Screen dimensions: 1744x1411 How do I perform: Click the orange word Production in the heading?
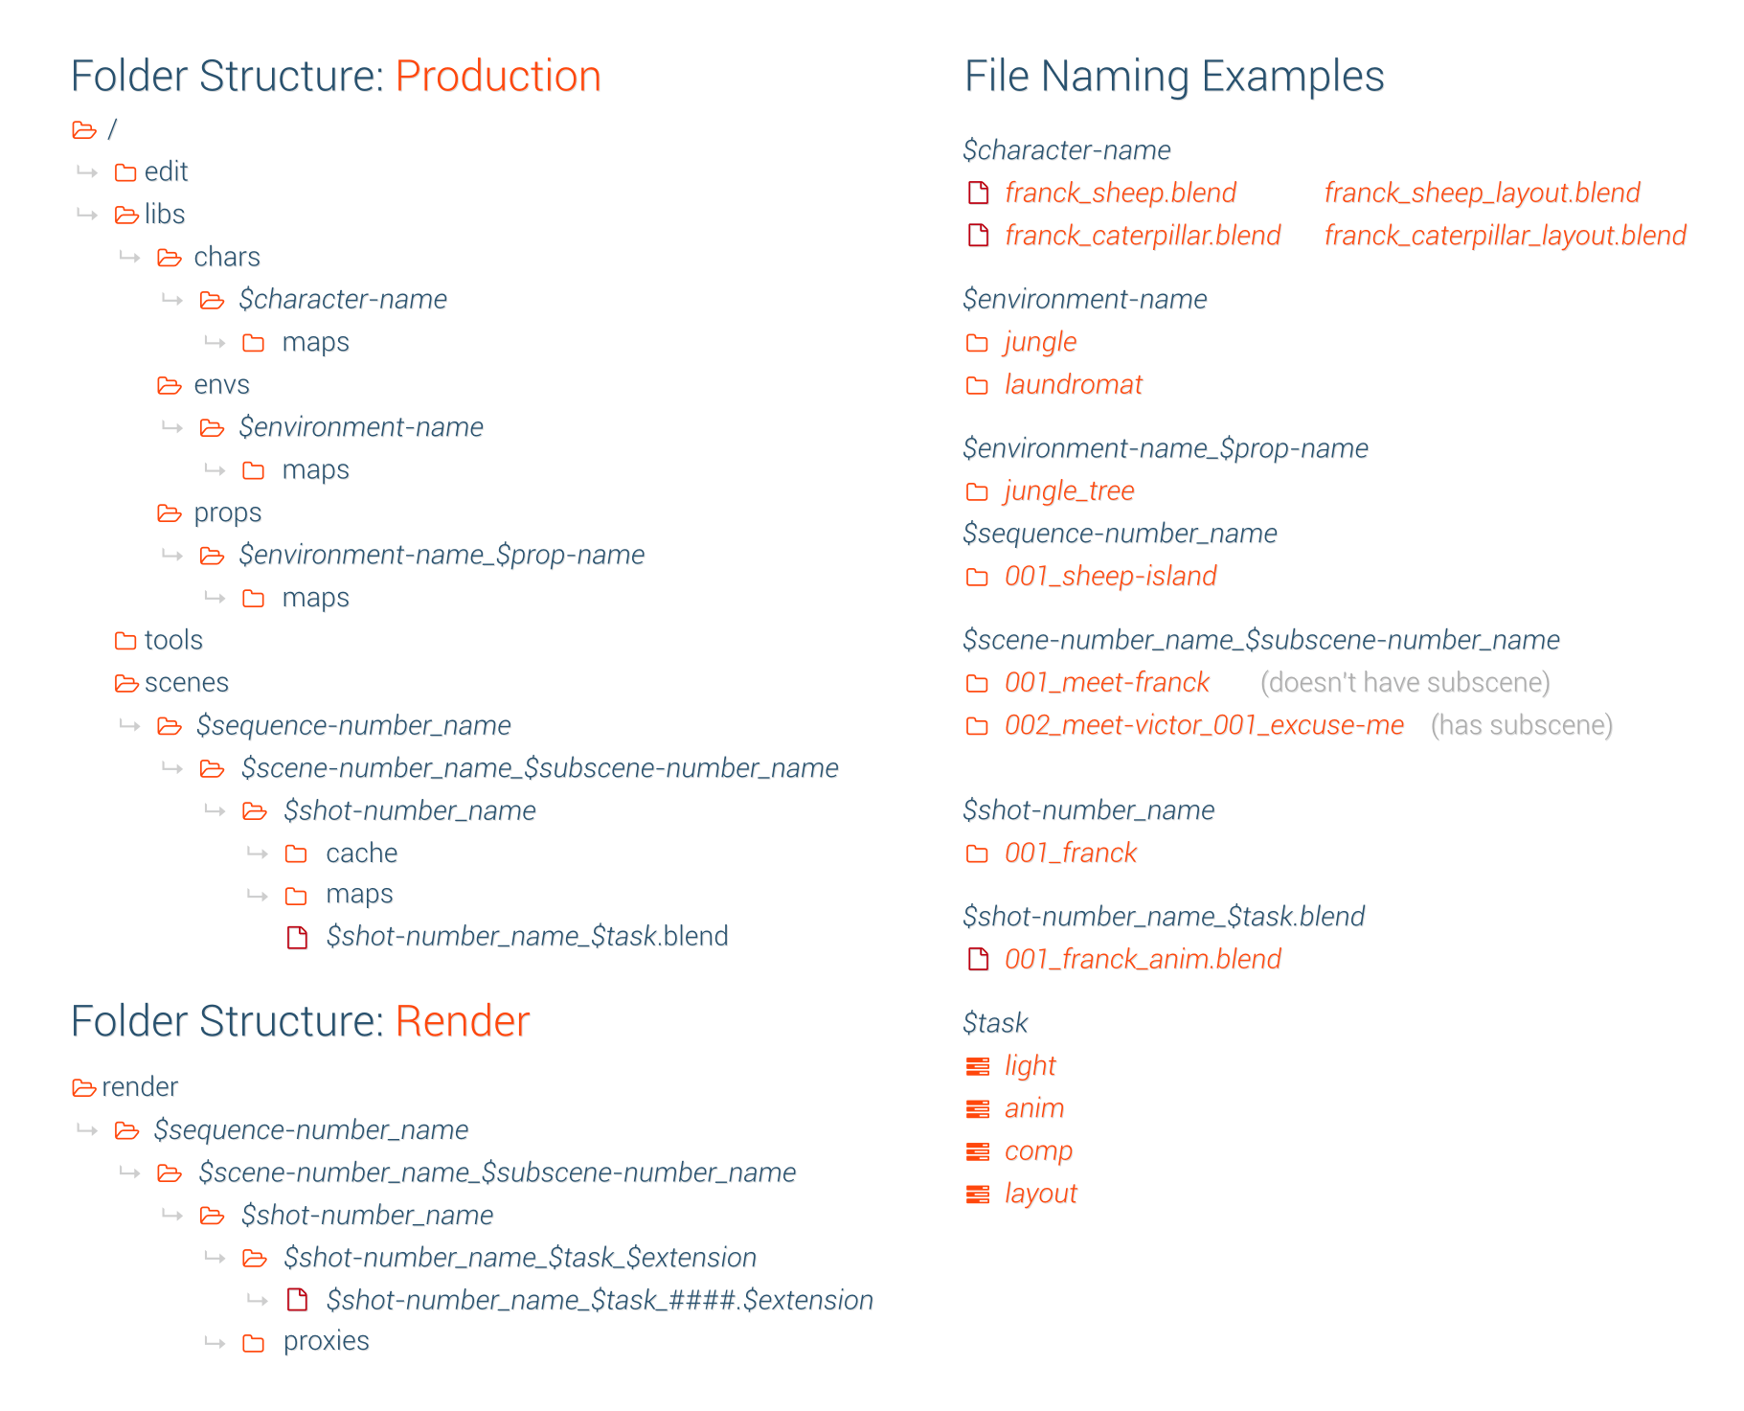click(x=497, y=77)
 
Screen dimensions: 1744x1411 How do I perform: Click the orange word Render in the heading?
click(x=462, y=1021)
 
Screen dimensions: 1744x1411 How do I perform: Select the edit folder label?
click(x=166, y=171)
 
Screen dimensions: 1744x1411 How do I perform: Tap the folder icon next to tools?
click(x=125, y=640)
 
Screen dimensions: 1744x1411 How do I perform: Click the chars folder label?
click(x=226, y=257)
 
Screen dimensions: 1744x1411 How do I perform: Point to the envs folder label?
click(x=221, y=384)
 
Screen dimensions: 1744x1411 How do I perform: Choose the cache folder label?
click(x=361, y=853)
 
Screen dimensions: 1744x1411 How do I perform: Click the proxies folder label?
click(x=326, y=1341)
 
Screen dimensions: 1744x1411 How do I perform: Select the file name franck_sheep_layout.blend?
click(x=1482, y=193)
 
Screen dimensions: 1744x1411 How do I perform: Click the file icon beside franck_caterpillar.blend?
click(x=978, y=236)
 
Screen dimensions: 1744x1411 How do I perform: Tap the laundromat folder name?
click(x=1073, y=384)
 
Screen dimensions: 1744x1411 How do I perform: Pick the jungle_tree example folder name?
click(x=1069, y=490)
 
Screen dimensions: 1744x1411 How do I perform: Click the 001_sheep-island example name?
click(x=1110, y=576)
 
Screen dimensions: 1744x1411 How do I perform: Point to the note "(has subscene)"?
click(x=1521, y=725)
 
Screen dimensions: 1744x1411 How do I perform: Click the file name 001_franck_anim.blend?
click(x=1143, y=959)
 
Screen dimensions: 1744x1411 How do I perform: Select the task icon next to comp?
click(x=978, y=1151)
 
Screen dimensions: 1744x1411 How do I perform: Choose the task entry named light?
click(x=1030, y=1065)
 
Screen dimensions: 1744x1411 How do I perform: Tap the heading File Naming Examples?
click(x=1173, y=77)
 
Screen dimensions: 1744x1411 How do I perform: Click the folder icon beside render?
click(x=84, y=1087)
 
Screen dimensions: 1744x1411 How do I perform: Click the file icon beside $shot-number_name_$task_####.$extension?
click(x=298, y=1300)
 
